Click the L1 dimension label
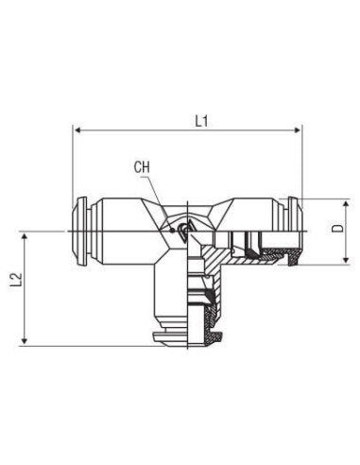coord(201,121)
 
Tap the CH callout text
coord(142,167)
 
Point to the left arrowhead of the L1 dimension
coord(78,130)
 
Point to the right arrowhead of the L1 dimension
coord(297,130)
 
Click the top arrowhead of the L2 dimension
coord(25,238)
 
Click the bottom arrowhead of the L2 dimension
coord(25,341)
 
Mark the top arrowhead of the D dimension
coord(346,205)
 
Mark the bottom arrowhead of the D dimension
coord(346,260)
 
